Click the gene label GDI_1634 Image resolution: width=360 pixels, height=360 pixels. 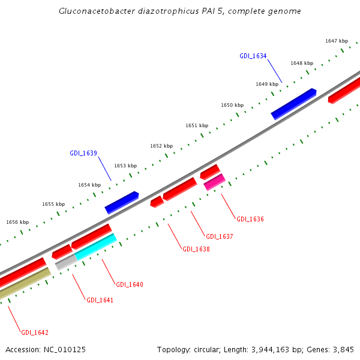(253, 56)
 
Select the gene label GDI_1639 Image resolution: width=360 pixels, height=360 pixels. (83, 153)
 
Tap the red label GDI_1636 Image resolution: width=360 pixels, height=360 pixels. (250, 219)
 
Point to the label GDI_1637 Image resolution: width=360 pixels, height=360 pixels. (219, 236)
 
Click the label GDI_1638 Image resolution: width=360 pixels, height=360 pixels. (196, 249)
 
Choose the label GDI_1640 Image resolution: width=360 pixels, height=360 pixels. (129, 284)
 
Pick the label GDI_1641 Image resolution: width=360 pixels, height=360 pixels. (100, 300)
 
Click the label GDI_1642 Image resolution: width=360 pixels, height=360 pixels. (35, 332)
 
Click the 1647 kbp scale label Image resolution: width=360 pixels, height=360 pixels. (337, 41)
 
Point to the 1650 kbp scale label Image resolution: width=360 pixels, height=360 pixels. (232, 105)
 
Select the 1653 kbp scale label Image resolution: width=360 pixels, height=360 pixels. (125, 166)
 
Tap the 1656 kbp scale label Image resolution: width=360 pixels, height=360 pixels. (17, 222)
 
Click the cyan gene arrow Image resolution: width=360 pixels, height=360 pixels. (95, 247)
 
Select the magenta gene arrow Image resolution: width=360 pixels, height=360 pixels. (214, 182)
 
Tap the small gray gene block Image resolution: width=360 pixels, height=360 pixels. (65, 262)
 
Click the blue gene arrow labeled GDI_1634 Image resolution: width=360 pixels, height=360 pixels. (293, 103)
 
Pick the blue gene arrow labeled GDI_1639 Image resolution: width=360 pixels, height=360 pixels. (122, 202)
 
